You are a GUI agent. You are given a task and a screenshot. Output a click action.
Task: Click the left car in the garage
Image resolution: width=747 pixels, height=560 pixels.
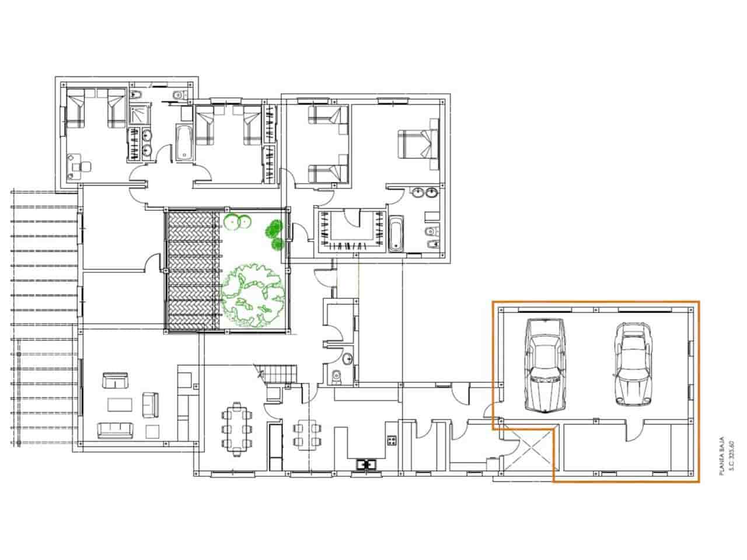(544, 366)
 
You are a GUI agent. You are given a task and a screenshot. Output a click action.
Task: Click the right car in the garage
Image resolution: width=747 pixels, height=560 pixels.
(631, 366)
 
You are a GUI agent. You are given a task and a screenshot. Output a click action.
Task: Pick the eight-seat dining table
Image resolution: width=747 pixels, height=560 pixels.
(237, 428)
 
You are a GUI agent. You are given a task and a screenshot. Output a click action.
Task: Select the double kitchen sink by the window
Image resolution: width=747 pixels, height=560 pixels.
(366, 464)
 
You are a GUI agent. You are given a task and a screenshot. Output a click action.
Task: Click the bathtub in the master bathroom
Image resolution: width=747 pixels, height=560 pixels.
(396, 235)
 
